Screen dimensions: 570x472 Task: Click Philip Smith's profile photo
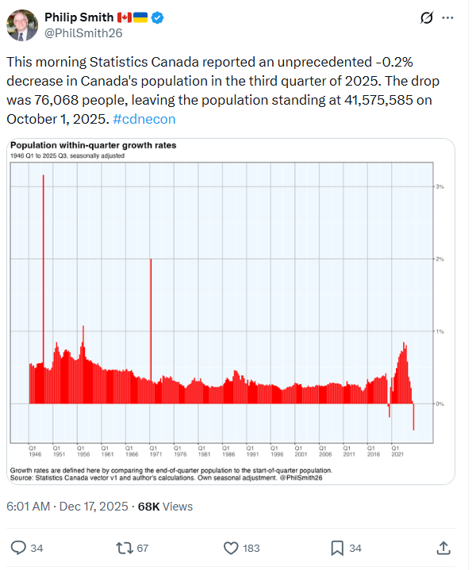[x=22, y=25]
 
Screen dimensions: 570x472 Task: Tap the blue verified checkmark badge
[x=159, y=17]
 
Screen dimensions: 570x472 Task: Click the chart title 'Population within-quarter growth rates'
[x=93, y=146]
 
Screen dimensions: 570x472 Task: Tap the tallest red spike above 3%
[x=43, y=238]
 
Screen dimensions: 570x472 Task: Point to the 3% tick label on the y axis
[x=439, y=186]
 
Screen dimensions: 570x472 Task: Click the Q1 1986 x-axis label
[x=227, y=452]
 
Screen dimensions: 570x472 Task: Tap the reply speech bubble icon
[x=19, y=548]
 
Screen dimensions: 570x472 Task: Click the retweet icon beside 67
[x=124, y=548]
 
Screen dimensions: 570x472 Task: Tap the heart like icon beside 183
[x=231, y=548]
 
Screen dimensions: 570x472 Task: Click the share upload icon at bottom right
[x=444, y=548]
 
